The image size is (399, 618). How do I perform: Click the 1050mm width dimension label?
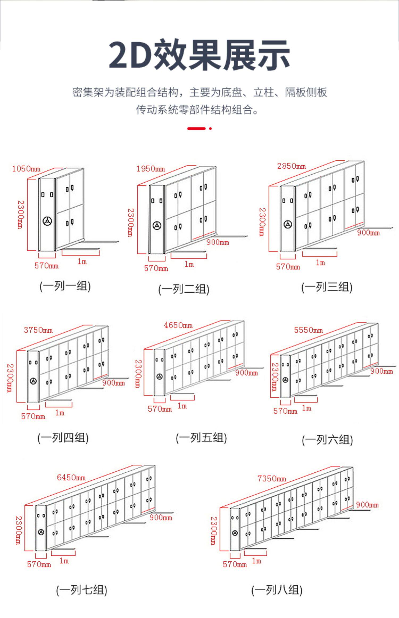pyautogui.click(x=26, y=169)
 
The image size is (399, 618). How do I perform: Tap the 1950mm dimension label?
pyautogui.click(x=151, y=169)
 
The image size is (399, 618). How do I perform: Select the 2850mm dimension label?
pyautogui.click(x=291, y=166)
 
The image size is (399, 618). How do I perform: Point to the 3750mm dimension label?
pyautogui.click(x=38, y=330)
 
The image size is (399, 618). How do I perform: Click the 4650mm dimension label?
pyautogui.click(x=178, y=325)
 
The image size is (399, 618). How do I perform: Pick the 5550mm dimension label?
pyautogui.click(x=308, y=330)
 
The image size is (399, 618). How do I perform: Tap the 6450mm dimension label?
pyautogui.click(x=71, y=477)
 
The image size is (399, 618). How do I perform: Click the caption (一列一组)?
pyautogui.click(x=65, y=286)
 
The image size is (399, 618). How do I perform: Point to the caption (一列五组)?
pyautogui.click(x=201, y=438)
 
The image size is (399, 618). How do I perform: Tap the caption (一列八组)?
pyautogui.click(x=277, y=590)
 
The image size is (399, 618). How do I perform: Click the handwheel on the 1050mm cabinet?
pyautogui.click(x=47, y=221)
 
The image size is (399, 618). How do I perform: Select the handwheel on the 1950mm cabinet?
pyautogui.click(x=157, y=226)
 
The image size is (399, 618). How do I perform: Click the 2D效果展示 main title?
pyautogui.click(x=199, y=55)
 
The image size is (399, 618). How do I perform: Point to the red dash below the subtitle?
pyautogui.click(x=197, y=129)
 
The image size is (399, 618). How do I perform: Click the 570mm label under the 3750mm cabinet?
pyautogui.click(x=33, y=416)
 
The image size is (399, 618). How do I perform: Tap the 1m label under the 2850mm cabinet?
pyautogui.click(x=320, y=263)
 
